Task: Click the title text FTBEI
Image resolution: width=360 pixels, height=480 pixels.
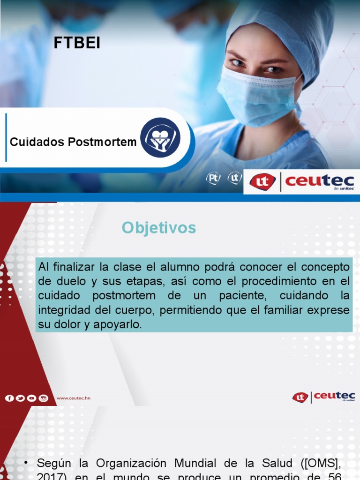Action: [x=77, y=43]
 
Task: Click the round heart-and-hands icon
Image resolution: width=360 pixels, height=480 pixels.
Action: [x=160, y=137]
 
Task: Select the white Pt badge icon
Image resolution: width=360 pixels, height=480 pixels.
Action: [x=213, y=179]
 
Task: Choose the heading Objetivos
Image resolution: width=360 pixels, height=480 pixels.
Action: [x=159, y=228]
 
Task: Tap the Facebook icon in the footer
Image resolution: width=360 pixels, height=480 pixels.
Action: [x=9, y=398]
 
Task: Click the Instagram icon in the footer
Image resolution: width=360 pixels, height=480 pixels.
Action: [x=44, y=398]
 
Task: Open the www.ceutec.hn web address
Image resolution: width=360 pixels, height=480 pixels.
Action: [x=74, y=398]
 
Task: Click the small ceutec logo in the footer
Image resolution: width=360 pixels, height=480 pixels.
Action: [x=323, y=397]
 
